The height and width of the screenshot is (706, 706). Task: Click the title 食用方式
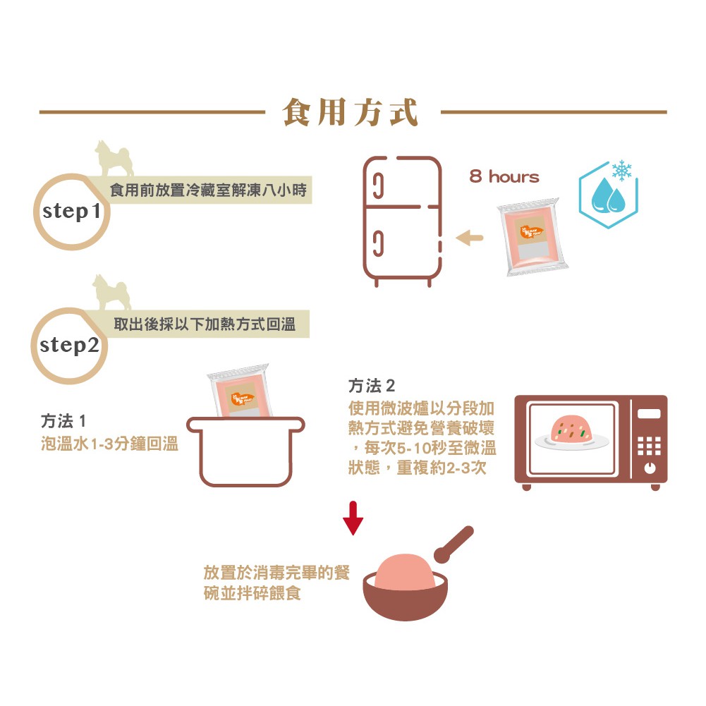point(351,112)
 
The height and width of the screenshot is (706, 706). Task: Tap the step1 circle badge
point(73,211)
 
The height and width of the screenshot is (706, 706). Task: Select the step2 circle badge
point(69,346)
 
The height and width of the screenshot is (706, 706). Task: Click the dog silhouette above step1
point(114,158)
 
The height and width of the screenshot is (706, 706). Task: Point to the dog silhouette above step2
point(112,292)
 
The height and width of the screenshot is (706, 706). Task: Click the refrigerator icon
point(401,220)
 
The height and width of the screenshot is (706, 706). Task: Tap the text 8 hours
point(504,177)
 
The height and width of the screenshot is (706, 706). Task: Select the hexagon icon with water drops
point(607,195)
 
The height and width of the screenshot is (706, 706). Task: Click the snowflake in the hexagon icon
point(621,171)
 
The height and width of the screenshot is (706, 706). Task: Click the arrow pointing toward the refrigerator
point(470,238)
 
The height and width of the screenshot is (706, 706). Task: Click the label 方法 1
point(63,422)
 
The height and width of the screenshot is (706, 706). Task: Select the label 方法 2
point(372,386)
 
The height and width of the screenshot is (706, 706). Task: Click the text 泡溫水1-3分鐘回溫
point(109,445)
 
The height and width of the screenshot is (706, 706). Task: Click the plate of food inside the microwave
point(571,432)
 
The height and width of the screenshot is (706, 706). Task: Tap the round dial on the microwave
point(649,468)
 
